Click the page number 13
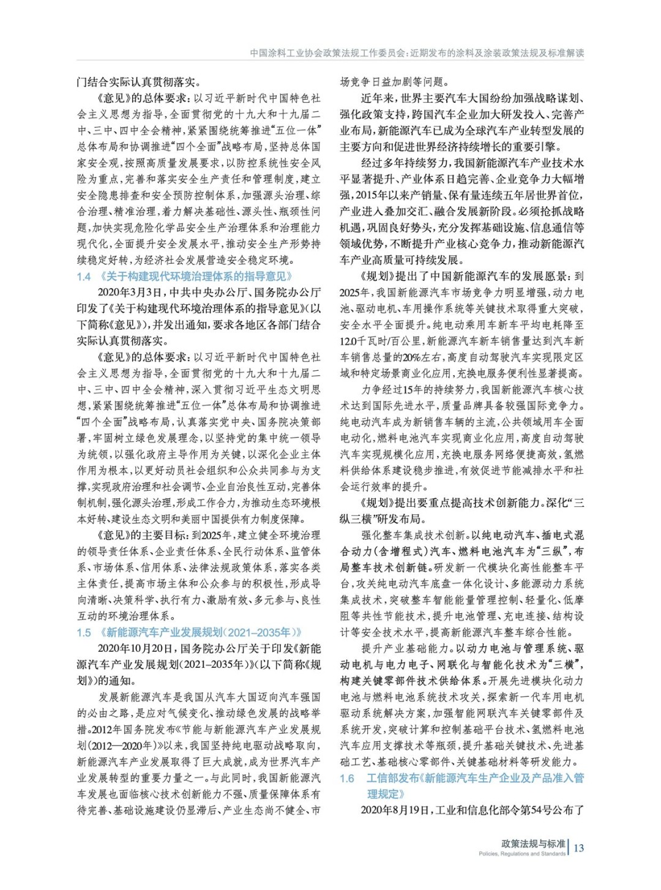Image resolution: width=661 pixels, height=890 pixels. point(579,848)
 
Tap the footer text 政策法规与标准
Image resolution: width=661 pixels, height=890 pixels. point(533,843)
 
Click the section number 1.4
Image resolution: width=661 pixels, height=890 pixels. point(84,277)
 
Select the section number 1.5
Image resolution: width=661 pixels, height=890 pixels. point(84,632)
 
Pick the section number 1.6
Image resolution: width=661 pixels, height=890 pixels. point(347,778)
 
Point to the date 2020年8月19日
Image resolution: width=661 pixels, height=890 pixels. point(397,810)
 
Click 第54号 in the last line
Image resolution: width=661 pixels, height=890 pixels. point(520,810)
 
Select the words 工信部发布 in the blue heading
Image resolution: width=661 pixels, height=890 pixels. point(392,778)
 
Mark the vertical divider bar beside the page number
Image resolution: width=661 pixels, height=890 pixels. point(569,847)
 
